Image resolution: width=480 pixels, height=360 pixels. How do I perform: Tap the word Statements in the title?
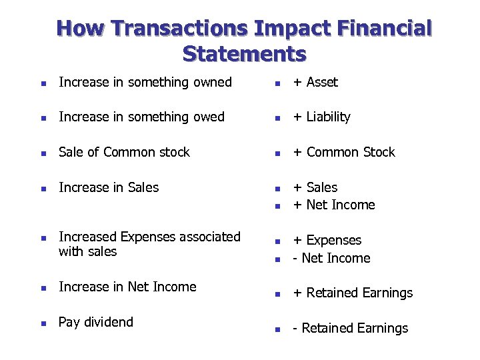(244, 53)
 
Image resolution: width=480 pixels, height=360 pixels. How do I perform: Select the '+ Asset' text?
(315, 82)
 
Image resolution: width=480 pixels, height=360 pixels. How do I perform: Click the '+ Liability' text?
(321, 117)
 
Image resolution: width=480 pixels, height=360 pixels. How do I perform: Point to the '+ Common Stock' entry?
(344, 152)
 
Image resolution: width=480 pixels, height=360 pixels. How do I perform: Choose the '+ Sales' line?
(315, 187)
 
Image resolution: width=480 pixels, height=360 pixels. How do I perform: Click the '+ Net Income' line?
(334, 205)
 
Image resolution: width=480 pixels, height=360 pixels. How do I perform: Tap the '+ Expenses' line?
(327, 240)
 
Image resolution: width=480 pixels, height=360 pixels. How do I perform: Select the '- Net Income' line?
(331, 258)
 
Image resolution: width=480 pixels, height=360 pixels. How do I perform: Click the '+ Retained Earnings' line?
(353, 293)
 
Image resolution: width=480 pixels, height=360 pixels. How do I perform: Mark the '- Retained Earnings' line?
(351, 328)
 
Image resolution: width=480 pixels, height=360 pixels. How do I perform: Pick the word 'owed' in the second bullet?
(209, 117)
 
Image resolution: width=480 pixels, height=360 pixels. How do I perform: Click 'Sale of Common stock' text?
(124, 152)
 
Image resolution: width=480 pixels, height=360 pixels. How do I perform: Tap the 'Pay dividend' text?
(96, 322)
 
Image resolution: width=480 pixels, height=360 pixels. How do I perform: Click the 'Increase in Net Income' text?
(127, 287)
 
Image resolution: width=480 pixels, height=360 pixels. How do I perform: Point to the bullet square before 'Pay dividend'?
(43, 323)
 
